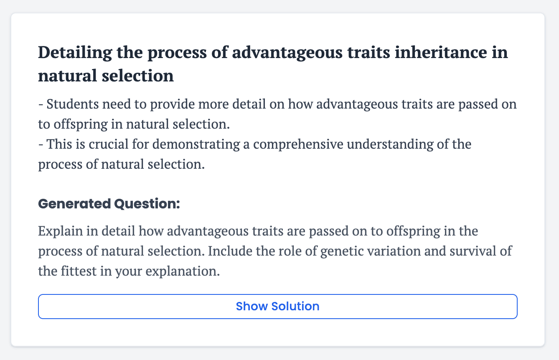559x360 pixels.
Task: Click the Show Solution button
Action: coord(277,307)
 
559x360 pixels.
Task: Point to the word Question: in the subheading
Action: coord(147,204)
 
